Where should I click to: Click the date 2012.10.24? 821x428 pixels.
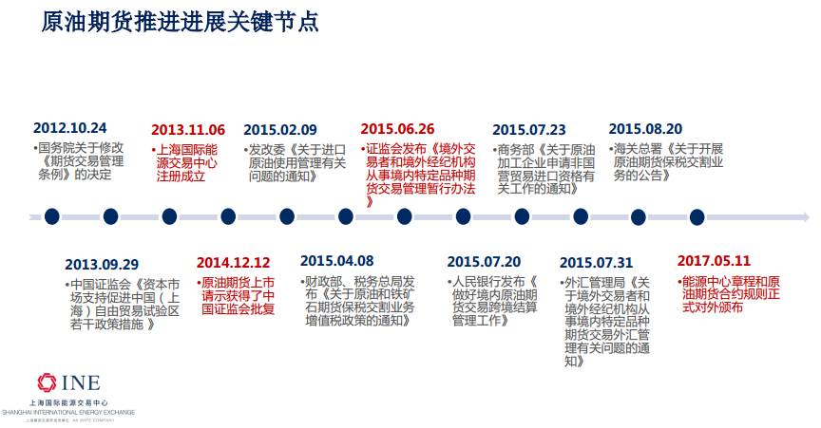coord(70,128)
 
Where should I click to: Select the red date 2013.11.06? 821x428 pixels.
coord(188,130)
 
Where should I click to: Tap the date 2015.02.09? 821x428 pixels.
coord(280,130)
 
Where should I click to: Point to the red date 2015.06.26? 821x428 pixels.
coord(397,130)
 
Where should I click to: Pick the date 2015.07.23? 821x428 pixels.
coord(528,130)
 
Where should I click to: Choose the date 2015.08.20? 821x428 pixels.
coord(645,130)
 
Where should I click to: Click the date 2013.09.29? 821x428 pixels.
coord(102,264)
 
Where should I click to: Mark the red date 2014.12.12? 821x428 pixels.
coord(234,262)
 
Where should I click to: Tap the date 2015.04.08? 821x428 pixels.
coord(336,261)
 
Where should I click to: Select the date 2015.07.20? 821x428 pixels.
coord(484,262)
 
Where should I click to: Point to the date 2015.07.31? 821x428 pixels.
coord(596,262)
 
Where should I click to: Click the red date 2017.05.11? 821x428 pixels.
coord(714,260)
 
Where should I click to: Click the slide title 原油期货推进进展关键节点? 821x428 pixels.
coord(181,23)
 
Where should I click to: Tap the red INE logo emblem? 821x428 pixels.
coord(47,383)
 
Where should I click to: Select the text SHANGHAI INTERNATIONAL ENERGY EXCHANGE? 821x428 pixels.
coord(68,412)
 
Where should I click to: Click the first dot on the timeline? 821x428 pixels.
coord(52,215)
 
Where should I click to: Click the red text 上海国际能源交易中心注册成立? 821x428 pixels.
coord(186,162)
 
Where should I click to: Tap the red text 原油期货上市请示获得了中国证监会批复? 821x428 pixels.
coord(237,295)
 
